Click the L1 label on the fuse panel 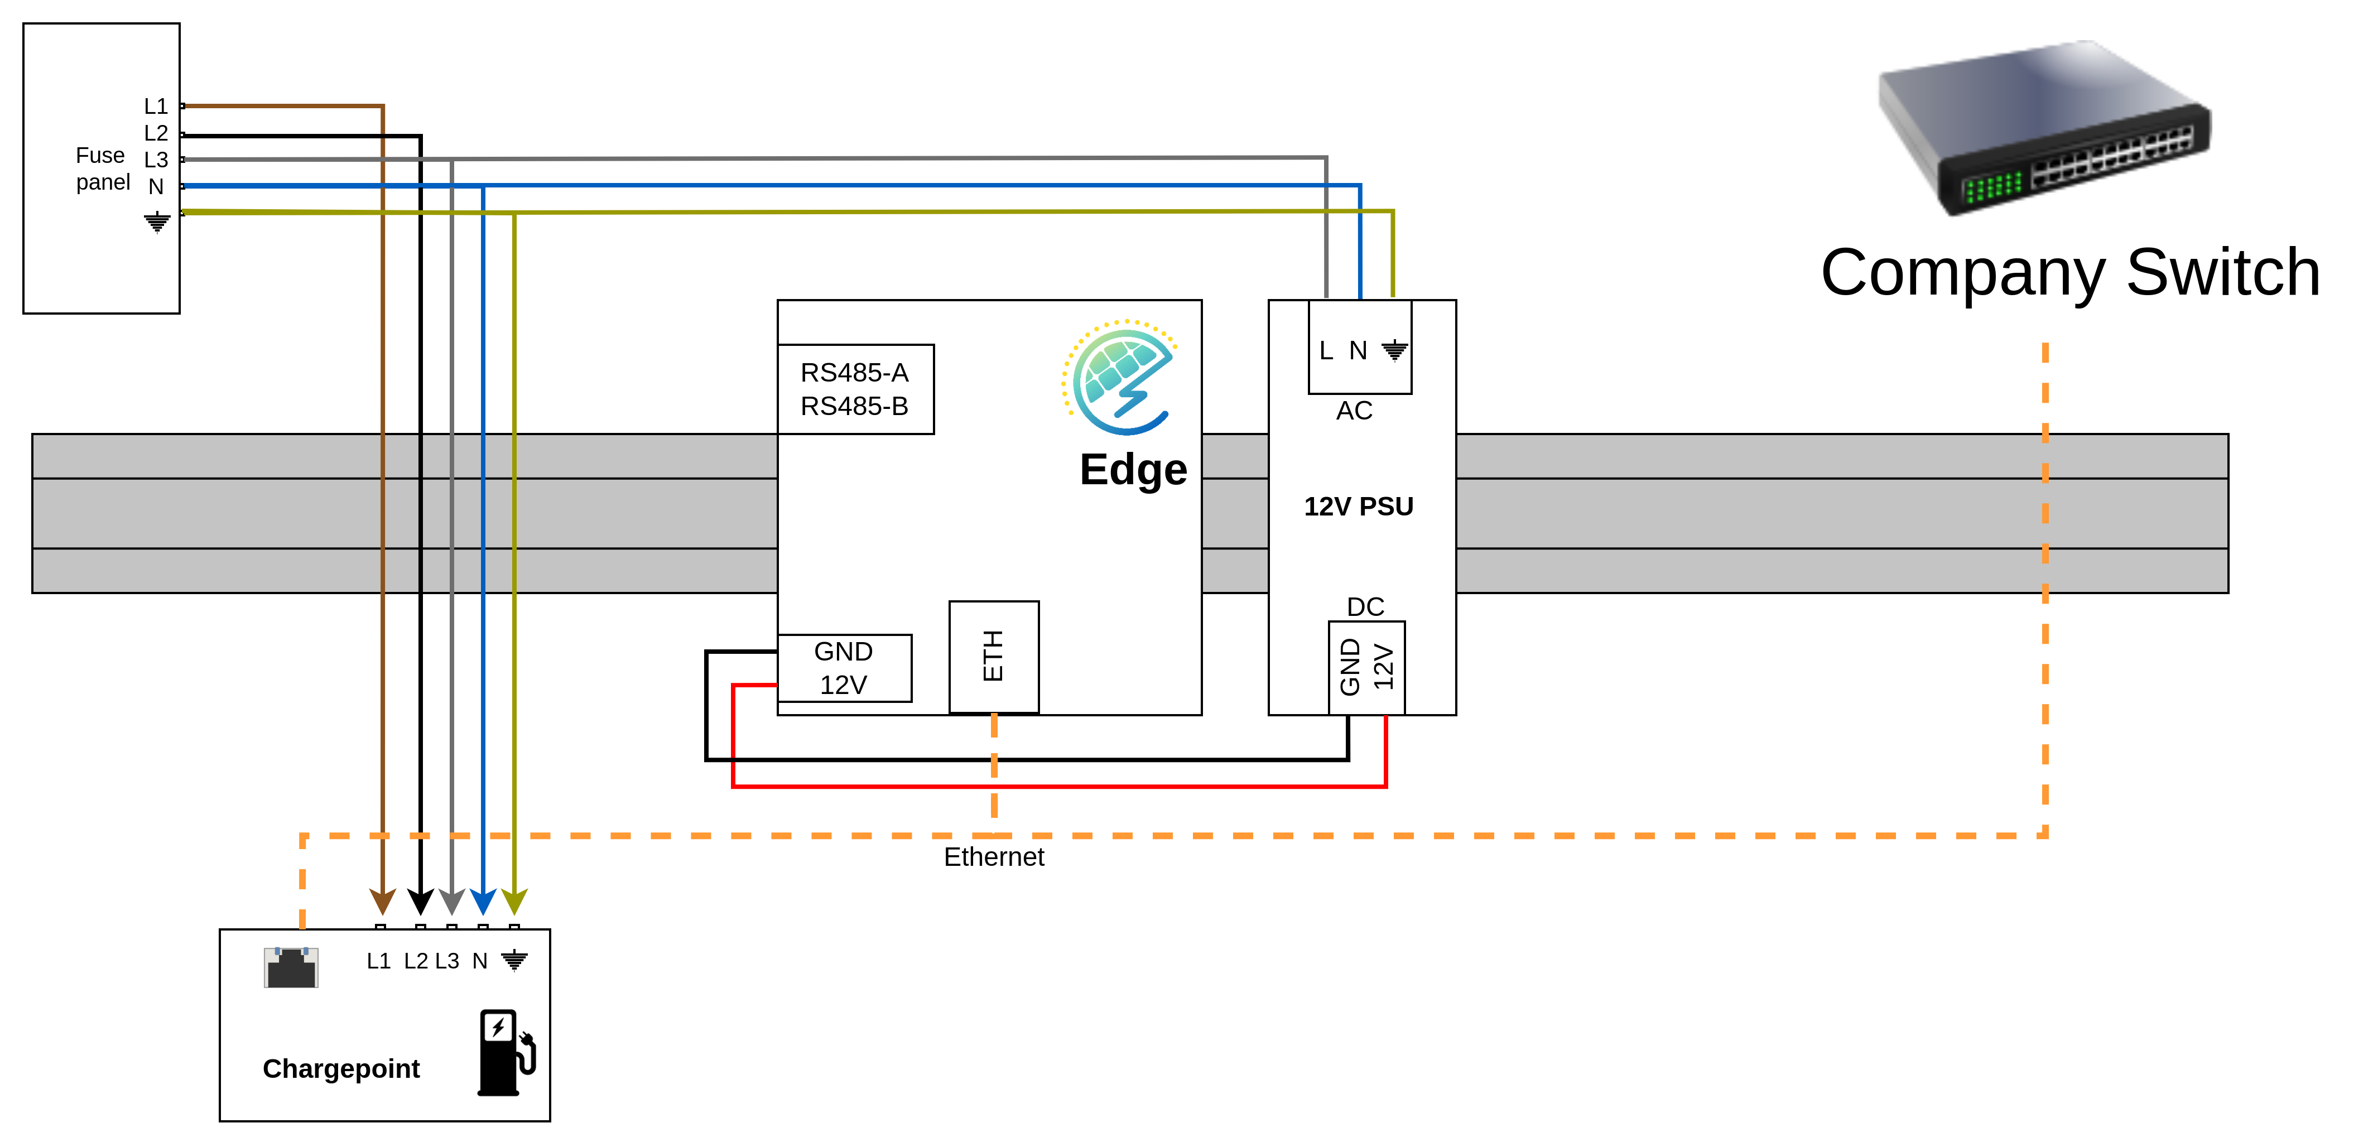click(155, 107)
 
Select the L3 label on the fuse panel click(155, 160)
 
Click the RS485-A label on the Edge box click(854, 372)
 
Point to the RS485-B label click(854, 406)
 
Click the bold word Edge click(1133, 470)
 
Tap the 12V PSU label click(1358, 507)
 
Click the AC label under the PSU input click(1354, 411)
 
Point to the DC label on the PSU click(1365, 606)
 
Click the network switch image click(2043, 129)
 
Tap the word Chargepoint click(341, 1069)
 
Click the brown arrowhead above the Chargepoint click(382, 900)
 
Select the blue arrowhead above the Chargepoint click(483, 900)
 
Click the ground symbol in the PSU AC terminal click(1394, 350)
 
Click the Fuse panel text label click(102, 169)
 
